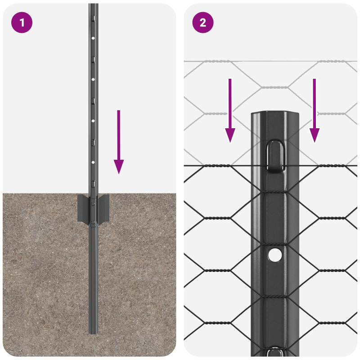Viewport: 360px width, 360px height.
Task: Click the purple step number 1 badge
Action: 22,22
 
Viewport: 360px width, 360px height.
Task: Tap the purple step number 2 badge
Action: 203,22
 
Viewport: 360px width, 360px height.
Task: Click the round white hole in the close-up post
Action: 274,255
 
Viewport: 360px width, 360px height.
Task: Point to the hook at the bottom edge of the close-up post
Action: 274,352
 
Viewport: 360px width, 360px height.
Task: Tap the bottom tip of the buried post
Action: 93,332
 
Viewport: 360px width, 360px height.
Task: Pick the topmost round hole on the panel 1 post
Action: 93,39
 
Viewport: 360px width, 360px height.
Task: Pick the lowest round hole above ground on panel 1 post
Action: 93,162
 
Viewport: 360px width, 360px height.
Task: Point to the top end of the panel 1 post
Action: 93,5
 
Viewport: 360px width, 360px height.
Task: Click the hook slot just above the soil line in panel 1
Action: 93,183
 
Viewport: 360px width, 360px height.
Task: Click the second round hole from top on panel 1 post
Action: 93,79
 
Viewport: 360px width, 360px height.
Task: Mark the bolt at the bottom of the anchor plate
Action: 93,222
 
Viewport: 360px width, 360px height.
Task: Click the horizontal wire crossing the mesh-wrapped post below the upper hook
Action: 274,193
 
